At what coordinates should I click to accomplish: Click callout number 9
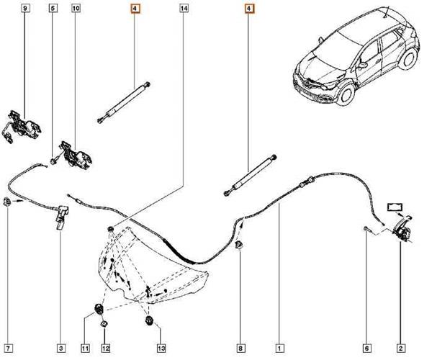click(26, 9)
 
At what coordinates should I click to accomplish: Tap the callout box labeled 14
click(184, 9)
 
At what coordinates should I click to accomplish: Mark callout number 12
click(106, 349)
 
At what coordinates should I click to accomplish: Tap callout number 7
click(9, 349)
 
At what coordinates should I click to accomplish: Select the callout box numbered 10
click(76, 9)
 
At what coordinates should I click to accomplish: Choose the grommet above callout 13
click(149, 319)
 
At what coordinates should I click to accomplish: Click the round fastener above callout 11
click(96, 310)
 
